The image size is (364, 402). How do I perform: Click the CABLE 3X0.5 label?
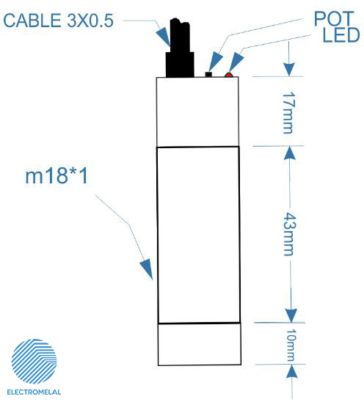[x=58, y=21]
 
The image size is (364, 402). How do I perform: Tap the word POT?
[x=334, y=18]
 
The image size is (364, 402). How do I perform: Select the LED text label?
[x=341, y=34]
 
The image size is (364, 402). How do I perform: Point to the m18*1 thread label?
[x=57, y=175]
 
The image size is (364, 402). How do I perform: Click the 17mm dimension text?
[x=289, y=113]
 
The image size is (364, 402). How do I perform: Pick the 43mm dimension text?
[x=290, y=234]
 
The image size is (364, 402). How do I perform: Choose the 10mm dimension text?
[x=291, y=345]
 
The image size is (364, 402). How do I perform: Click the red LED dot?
[x=228, y=75]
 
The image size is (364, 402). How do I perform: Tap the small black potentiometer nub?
[x=208, y=74]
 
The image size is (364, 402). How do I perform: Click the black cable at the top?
[x=180, y=48]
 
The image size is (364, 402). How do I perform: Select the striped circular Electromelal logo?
[x=34, y=362]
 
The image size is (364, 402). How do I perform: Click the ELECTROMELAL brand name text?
[x=34, y=392]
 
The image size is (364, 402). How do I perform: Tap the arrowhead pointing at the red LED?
[x=236, y=62]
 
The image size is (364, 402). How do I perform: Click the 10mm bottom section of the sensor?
[x=200, y=344]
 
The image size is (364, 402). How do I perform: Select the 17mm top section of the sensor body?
[x=197, y=112]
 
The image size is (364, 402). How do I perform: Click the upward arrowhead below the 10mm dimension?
[x=291, y=372]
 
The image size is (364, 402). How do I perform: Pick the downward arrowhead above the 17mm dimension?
[x=289, y=69]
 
